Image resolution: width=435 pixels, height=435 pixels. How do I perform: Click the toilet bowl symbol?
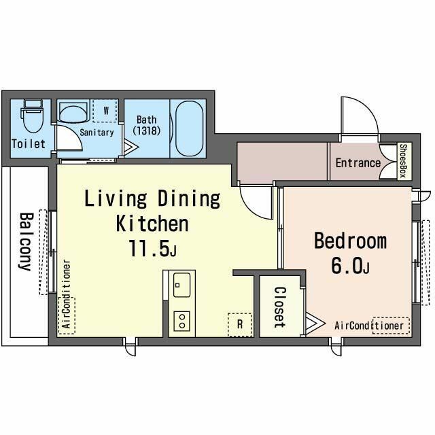(x=33, y=116)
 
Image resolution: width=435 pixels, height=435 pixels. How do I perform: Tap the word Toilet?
(x=29, y=144)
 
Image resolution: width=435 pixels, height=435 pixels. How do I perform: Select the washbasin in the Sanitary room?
(x=74, y=112)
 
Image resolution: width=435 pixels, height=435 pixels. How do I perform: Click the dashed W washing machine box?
(x=105, y=111)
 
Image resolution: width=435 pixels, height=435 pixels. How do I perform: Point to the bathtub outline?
(x=190, y=128)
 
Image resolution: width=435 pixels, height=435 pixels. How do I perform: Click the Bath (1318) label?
(x=147, y=125)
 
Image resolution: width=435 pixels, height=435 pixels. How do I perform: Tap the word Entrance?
(x=358, y=163)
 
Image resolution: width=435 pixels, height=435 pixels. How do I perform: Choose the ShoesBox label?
(x=403, y=160)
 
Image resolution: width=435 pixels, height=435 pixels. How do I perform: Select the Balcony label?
(x=26, y=242)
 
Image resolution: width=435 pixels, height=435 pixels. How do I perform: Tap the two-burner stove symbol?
(x=182, y=321)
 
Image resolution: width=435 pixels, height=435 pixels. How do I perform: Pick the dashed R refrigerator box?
(x=240, y=325)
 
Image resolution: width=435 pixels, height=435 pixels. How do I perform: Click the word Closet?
(x=279, y=307)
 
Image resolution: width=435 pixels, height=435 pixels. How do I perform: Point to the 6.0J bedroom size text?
(x=350, y=266)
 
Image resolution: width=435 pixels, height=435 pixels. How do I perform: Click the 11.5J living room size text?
(x=152, y=248)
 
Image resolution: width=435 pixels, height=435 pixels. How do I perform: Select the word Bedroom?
(x=351, y=241)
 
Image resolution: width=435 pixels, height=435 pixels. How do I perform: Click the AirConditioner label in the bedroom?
(x=369, y=326)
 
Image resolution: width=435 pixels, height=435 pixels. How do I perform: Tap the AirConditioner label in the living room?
(x=67, y=294)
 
